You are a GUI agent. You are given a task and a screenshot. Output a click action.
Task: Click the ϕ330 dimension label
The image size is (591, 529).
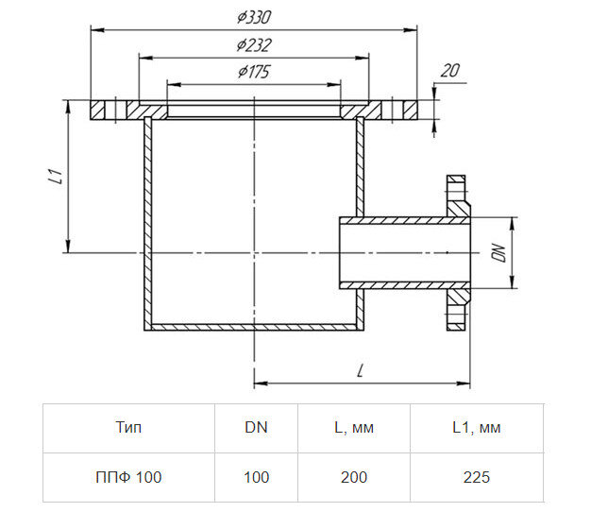coord(254,17)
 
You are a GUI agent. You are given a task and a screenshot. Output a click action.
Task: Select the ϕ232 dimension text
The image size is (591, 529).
coord(254,45)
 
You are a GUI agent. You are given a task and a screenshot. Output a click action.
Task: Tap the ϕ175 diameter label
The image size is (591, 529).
coord(254,72)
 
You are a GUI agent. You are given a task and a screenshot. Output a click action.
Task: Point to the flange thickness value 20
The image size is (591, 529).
coord(450,71)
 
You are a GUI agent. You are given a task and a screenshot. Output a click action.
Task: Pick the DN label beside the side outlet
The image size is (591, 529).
coord(498,253)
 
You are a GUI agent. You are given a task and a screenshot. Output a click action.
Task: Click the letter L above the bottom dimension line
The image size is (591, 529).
coord(361,370)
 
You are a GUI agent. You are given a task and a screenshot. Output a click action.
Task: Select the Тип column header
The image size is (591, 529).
coord(128,428)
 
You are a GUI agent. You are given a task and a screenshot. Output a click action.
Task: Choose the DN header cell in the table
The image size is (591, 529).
coord(256,427)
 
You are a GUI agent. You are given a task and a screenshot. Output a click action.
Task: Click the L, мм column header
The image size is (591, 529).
coord(354,428)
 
